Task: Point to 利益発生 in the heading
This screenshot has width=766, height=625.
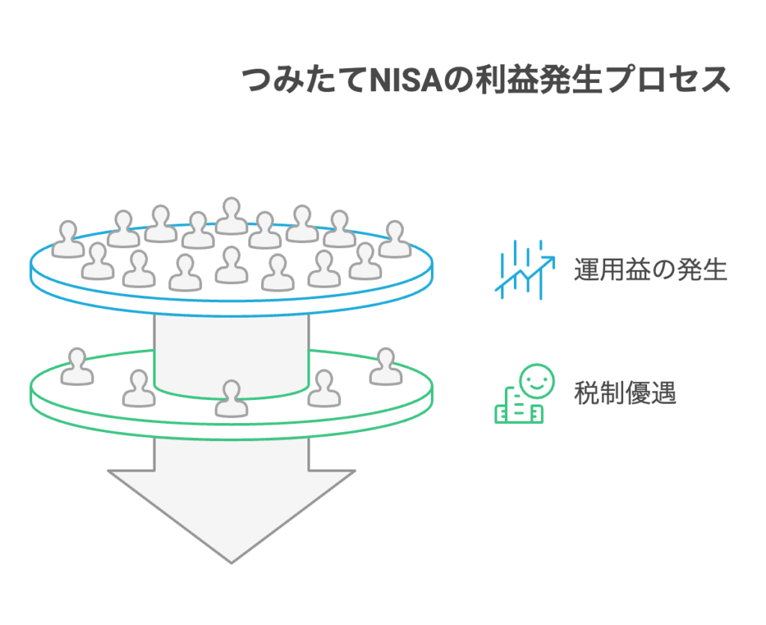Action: coord(536,80)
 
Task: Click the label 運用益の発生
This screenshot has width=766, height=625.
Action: coord(650,269)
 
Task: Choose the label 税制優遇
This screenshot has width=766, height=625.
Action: coord(625,392)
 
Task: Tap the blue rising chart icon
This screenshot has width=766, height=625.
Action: coord(524,269)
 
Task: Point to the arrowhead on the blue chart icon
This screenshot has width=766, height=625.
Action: coord(549,259)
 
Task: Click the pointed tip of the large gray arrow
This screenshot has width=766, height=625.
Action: coord(231,559)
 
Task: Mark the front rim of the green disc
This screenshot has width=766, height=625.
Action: coord(231,431)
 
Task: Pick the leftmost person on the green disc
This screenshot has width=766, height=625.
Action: coord(76,367)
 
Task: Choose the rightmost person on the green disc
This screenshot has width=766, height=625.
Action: coord(386,366)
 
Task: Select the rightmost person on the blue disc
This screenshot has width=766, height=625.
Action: coord(394,240)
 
